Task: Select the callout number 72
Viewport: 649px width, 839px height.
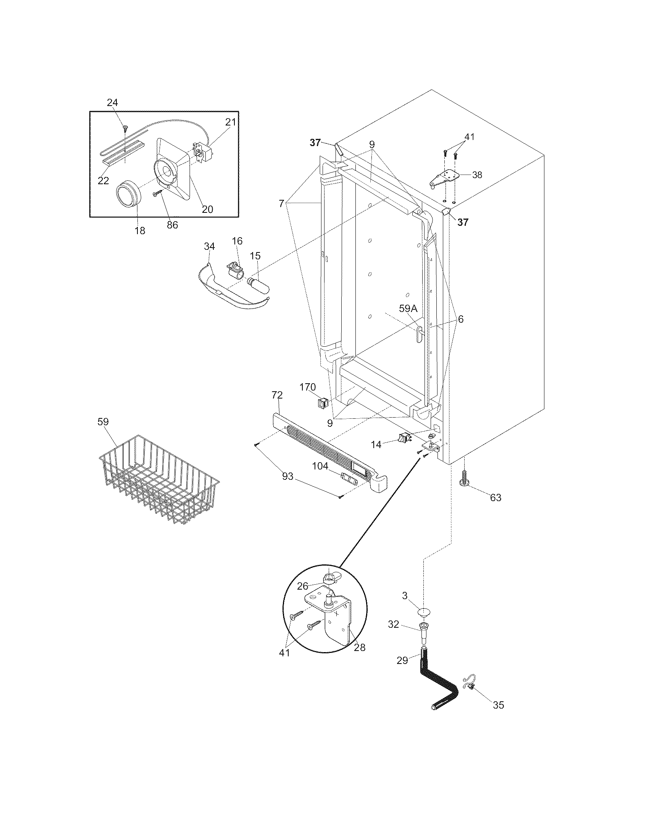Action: (x=277, y=395)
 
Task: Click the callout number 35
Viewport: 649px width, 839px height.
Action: (x=498, y=705)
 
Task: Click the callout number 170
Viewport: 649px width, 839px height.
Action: (x=308, y=387)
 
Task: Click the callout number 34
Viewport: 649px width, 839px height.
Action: (x=209, y=246)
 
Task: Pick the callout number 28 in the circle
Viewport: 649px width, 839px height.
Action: (x=360, y=648)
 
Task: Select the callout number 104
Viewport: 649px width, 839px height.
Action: (x=320, y=466)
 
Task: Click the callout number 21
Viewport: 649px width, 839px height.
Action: (x=230, y=122)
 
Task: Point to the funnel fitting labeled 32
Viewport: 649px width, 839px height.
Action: (x=424, y=630)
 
